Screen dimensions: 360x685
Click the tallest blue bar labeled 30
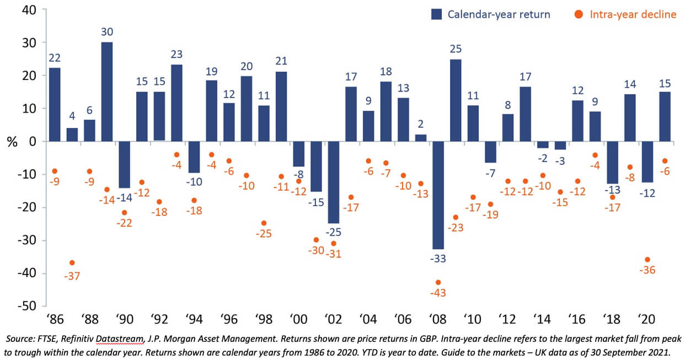point(107,92)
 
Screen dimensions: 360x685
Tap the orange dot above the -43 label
point(438,282)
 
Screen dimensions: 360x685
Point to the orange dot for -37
point(72,262)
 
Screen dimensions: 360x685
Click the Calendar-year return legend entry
point(490,14)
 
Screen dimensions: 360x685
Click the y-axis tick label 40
point(29,10)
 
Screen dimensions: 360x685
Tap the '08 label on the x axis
point(438,320)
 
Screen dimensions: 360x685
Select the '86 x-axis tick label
point(54,320)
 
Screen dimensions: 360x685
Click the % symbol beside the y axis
point(10,142)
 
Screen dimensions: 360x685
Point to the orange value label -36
point(647,270)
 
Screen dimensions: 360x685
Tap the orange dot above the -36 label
point(647,260)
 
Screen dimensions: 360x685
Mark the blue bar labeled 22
point(55,105)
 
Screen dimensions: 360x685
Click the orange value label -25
point(264,234)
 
